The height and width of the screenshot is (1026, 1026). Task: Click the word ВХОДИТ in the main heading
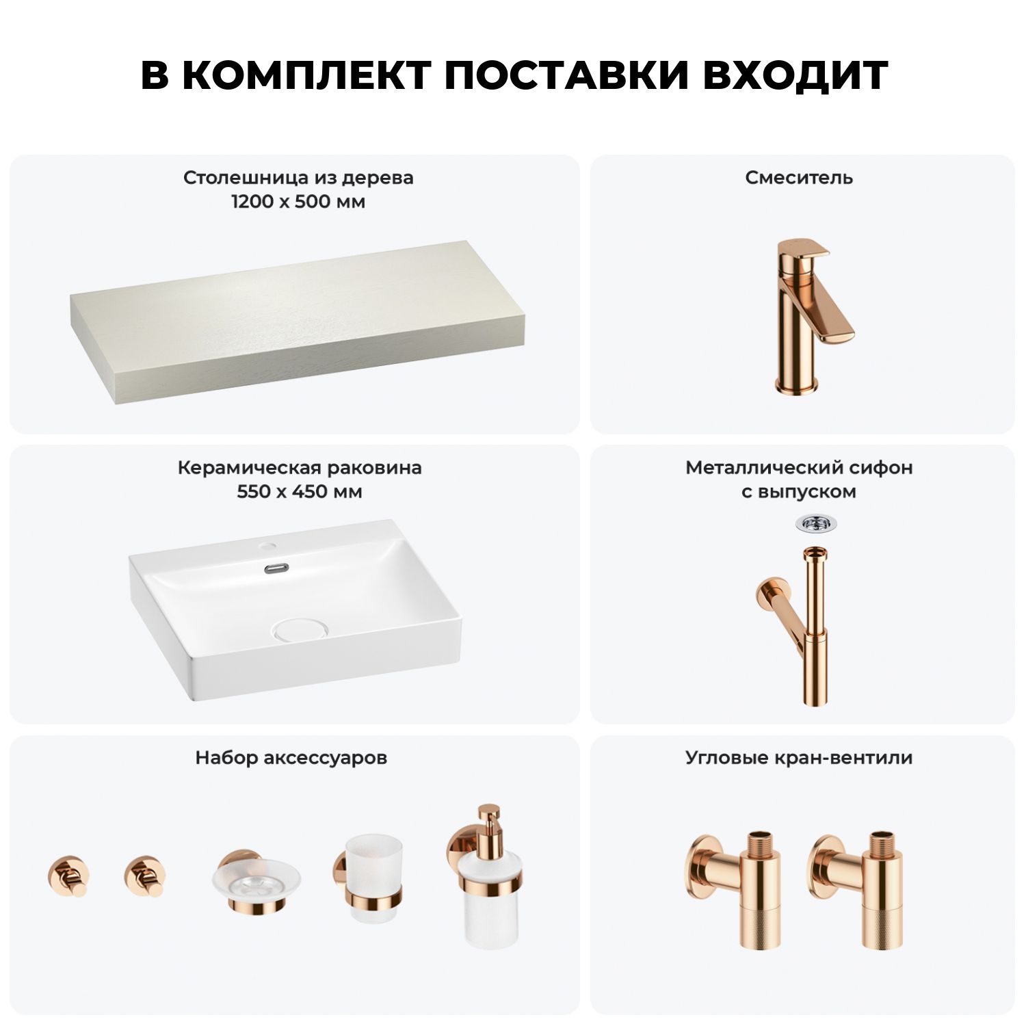pyautogui.click(x=795, y=75)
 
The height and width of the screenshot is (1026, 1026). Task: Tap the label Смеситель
pyautogui.click(x=799, y=178)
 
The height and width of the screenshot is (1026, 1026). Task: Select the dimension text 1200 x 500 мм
pyautogui.click(x=298, y=202)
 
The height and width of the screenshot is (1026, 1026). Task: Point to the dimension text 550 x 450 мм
pyautogui.click(x=300, y=492)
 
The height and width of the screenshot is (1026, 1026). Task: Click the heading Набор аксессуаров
pyautogui.click(x=291, y=758)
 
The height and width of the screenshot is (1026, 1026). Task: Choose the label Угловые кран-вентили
pyautogui.click(x=799, y=758)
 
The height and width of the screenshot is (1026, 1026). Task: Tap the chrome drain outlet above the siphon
pyautogui.click(x=815, y=525)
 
